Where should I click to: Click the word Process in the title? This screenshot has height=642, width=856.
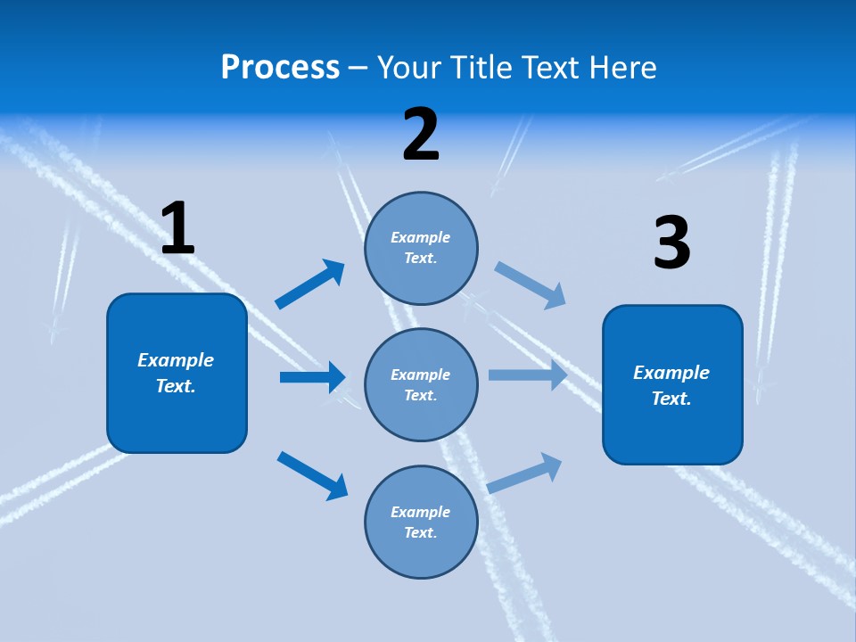(280, 68)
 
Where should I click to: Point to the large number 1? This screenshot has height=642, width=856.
(177, 229)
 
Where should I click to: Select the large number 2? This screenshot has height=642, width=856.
(421, 135)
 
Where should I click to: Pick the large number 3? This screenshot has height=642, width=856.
(671, 243)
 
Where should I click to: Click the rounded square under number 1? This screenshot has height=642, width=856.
(177, 373)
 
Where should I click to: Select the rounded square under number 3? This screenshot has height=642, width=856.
(672, 384)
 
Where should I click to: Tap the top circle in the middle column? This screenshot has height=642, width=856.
(421, 248)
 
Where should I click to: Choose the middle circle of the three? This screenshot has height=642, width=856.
(421, 384)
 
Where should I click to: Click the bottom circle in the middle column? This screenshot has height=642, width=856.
(421, 522)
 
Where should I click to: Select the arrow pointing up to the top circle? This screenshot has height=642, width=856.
(310, 284)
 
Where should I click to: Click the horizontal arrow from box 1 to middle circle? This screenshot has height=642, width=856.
(312, 377)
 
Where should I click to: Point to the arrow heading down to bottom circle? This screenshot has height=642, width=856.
(312, 474)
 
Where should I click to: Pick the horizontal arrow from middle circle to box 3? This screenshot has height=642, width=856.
(528, 375)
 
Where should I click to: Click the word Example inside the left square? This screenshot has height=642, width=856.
(176, 360)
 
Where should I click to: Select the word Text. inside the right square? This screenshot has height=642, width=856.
(671, 399)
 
